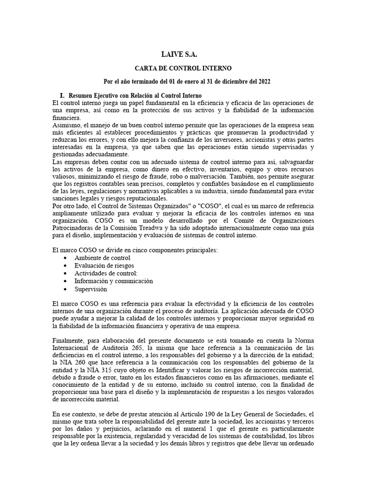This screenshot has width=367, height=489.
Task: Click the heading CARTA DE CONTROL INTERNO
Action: pyautogui.click(x=184, y=69)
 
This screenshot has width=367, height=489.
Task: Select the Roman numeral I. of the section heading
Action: pyautogui.click(x=61, y=96)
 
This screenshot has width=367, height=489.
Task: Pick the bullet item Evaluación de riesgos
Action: pyautogui.click(x=104, y=266)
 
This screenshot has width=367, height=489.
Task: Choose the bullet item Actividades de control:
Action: pyautogui.click(x=106, y=274)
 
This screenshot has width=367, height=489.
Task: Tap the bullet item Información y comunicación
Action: pyautogui.click(x=113, y=281)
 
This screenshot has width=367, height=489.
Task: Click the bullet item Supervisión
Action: pyautogui.click(x=91, y=289)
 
